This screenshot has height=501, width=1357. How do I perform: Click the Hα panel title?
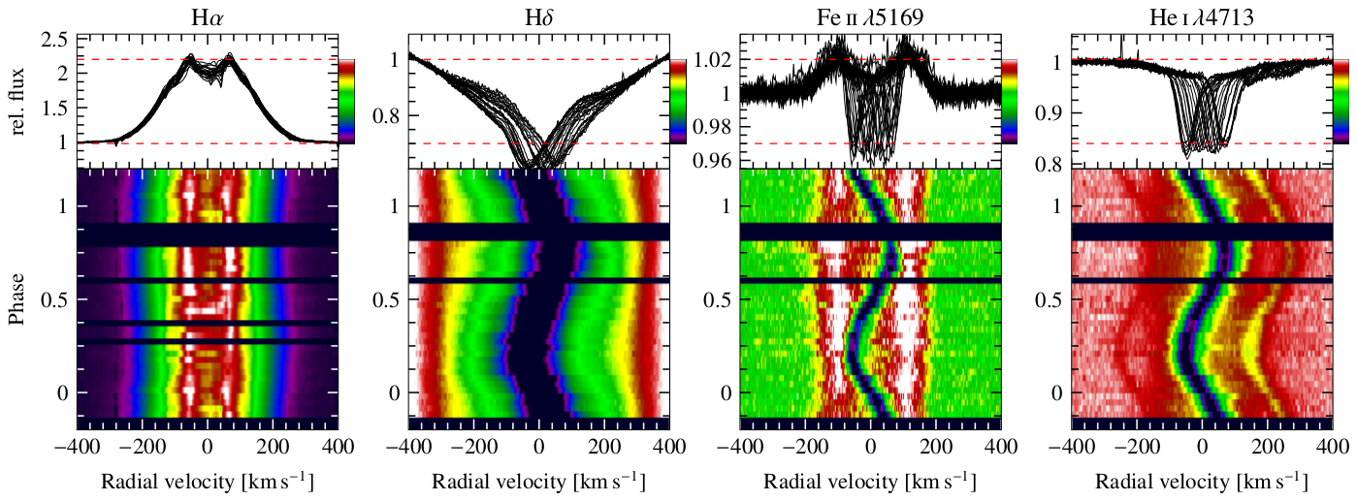click(x=207, y=15)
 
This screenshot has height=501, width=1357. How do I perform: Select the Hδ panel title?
click(x=538, y=15)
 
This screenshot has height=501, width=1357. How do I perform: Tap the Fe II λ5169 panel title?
click(x=870, y=15)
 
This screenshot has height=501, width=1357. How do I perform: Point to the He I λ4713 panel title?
click(x=1202, y=15)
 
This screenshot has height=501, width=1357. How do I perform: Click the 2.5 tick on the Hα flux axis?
click(x=53, y=40)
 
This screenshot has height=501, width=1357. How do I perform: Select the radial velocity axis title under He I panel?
click(x=1202, y=482)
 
